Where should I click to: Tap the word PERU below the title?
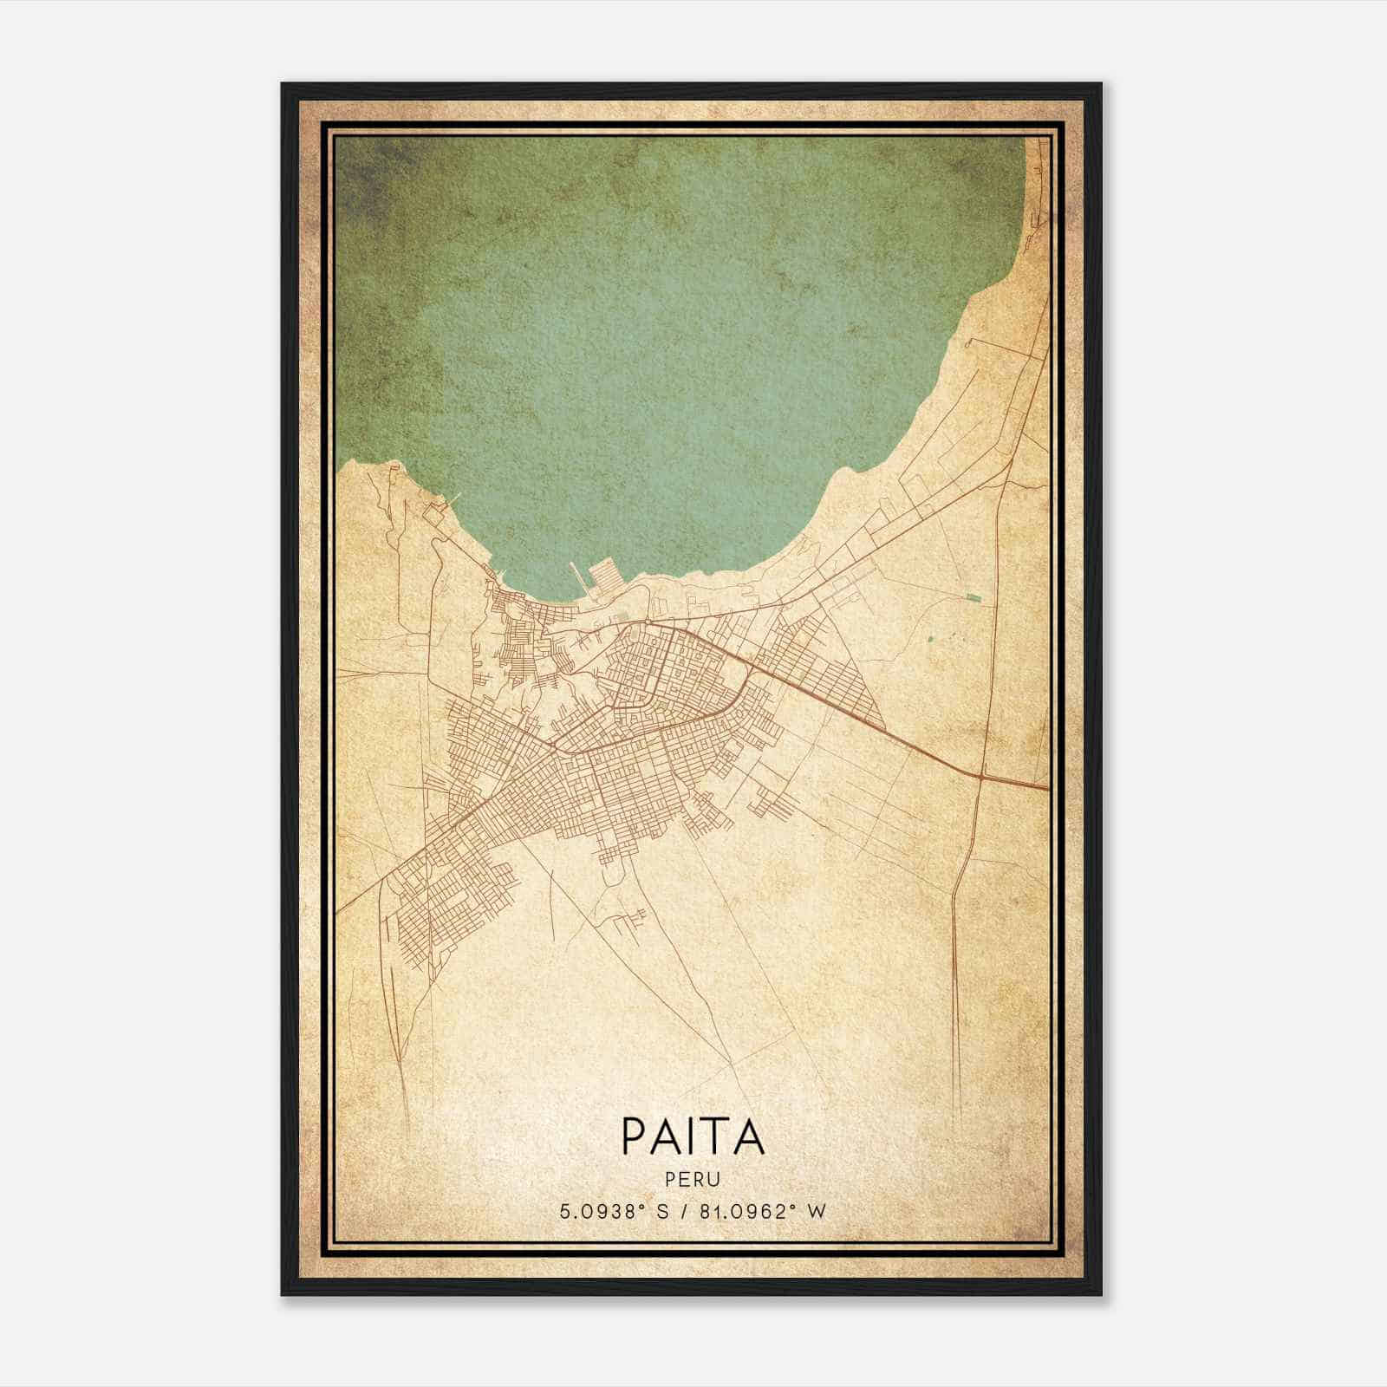tap(693, 1180)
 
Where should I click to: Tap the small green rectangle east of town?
tap(975, 597)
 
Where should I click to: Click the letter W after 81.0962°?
tap(816, 1211)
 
